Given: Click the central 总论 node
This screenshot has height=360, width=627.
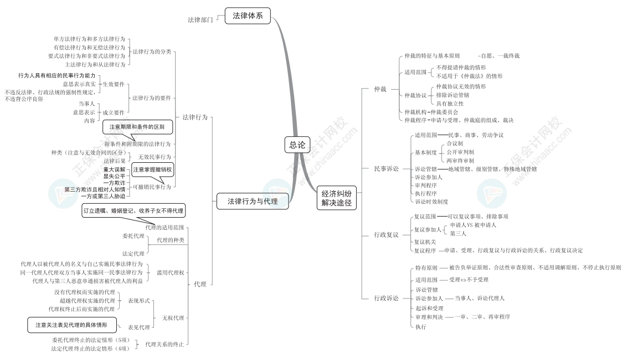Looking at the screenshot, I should [297, 145].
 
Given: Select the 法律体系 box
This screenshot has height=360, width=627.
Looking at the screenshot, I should [248, 16].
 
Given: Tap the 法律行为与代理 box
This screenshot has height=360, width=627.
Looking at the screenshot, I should [253, 202].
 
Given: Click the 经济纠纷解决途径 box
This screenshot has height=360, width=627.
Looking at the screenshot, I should [336, 198].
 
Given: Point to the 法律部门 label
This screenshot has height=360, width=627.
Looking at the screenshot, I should [200, 19].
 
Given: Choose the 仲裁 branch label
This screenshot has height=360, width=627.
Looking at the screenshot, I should [381, 89].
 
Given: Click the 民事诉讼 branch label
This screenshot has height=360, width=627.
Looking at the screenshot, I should [386, 168].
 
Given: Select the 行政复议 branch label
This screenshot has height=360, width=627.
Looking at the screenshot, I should [386, 235].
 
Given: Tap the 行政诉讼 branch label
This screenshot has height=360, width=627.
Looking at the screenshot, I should [386, 298].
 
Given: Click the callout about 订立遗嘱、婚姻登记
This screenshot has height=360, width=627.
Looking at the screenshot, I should [133, 210].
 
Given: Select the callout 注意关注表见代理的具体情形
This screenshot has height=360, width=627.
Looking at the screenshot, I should [71, 325].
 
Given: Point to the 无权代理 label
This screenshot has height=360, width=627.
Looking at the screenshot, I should [172, 318].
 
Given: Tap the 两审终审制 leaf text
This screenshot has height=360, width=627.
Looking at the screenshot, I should [460, 160].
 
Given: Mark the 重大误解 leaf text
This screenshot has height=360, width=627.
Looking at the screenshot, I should [114, 169].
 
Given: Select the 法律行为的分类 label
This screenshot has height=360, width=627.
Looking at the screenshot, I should [152, 52].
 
